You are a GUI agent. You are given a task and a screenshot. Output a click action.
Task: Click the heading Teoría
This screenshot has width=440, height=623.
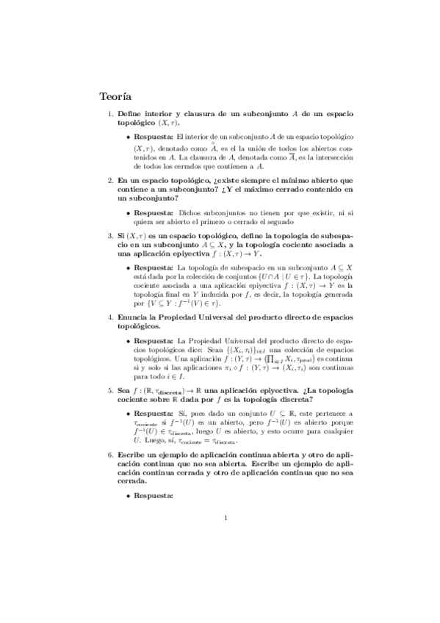(x=115, y=96)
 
